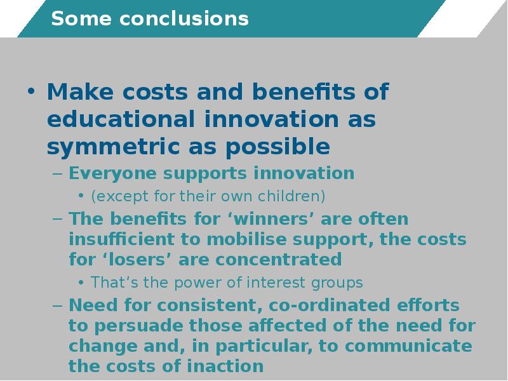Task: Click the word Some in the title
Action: pyautogui.click(x=81, y=18)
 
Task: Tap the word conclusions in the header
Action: pyautogui.click(x=184, y=18)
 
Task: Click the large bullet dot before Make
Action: pyautogui.click(x=31, y=91)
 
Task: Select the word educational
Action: pyautogui.click(x=121, y=119)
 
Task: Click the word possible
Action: pyautogui.click(x=277, y=147)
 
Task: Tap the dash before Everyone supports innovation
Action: pyautogui.click(x=57, y=173)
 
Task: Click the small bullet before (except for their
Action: pyautogui.click(x=81, y=196)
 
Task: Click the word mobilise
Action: pyautogui.click(x=247, y=239)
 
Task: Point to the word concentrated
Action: pyautogui.click(x=279, y=260)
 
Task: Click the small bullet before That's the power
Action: pyautogui.click(x=81, y=283)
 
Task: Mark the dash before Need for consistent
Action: pyautogui.click(x=57, y=305)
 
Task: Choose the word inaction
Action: pyautogui.click(x=225, y=366)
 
